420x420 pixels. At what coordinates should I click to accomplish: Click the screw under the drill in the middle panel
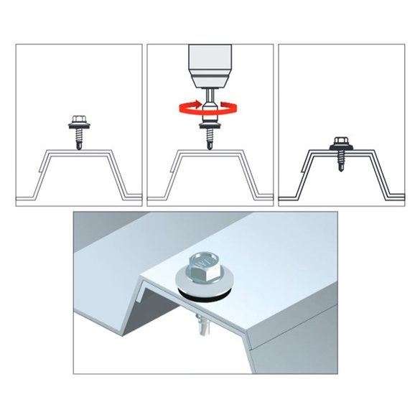(x=209, y=133)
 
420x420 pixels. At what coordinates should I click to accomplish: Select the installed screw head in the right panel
(x=340, y=141)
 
